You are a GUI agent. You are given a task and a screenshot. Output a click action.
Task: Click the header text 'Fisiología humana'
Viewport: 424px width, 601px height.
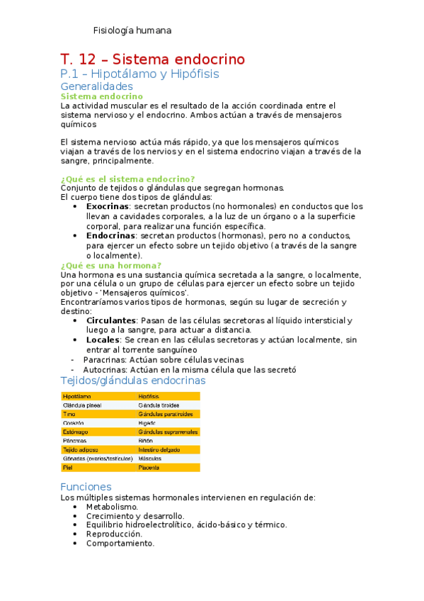point(132,30)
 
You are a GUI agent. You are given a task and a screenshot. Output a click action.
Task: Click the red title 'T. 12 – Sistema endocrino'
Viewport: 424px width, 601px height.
point(152,59)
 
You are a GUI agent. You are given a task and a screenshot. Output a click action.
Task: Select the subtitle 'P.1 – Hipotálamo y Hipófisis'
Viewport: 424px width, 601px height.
point(139,74)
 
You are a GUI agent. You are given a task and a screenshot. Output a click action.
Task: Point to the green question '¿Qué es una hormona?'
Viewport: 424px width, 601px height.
point(111,265)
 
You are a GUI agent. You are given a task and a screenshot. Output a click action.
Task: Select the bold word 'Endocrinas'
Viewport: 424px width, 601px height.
point(112,235)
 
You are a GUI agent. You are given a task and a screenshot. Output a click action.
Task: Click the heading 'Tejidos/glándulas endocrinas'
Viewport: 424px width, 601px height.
point(133,381)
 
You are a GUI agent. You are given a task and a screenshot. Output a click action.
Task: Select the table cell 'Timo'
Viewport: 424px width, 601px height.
point(69,414)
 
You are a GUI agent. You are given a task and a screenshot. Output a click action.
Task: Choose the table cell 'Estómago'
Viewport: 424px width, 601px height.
point(75,432)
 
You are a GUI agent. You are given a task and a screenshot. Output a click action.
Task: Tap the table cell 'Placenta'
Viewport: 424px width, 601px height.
point(150,468)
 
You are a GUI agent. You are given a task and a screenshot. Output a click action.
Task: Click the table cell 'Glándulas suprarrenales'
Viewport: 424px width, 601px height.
point(168,432)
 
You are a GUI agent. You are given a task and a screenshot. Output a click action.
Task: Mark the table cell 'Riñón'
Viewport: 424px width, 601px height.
point(147,441)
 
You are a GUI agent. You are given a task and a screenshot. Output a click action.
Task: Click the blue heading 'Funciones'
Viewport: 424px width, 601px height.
point(86,487)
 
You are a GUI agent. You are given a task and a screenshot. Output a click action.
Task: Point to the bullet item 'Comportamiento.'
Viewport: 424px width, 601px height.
point(120,544)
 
